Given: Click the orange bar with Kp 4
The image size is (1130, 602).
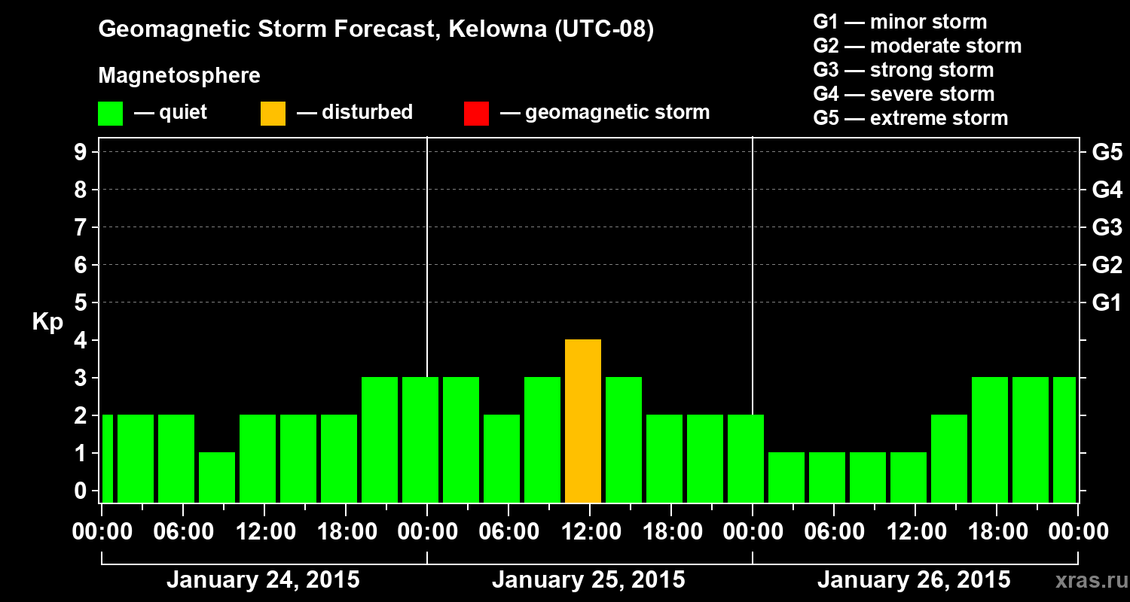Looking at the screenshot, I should (x=583, y=421).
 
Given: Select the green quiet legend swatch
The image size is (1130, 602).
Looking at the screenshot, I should (x=110, y=114).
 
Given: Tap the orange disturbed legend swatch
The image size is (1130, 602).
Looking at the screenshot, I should (x=273, y=114).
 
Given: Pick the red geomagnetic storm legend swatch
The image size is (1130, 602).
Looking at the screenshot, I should (x=476, y=114).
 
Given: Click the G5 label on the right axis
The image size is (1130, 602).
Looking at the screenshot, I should (x=1107, y=153).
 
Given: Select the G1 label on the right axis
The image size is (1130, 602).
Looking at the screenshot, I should (x=1107, y=303).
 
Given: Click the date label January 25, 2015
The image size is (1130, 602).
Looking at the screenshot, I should (x=588, y=580).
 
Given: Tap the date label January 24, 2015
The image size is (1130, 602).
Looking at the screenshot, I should (x=263, y=580).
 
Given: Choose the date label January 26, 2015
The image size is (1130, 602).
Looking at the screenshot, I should (x=914, y=580).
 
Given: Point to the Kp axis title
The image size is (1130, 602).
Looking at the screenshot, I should (x=47, y=322).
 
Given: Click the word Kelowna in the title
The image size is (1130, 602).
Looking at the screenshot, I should (x=490, y=29).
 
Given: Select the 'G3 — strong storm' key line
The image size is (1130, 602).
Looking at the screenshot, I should (x=903, y=70).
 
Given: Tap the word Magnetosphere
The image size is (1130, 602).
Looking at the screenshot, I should (x=179, y=76).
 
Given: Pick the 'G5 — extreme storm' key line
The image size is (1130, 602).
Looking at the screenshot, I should (x=910, y=118).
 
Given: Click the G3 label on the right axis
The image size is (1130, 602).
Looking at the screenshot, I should (x=1107, y=228).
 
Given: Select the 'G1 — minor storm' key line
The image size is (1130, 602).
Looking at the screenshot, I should (x=899, y=22).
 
